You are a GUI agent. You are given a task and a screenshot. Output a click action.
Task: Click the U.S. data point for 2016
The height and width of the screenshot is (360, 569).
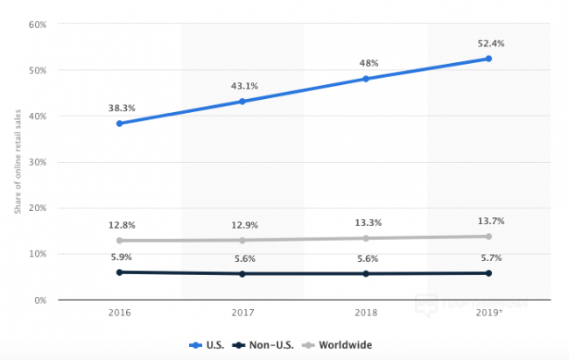[119, 124]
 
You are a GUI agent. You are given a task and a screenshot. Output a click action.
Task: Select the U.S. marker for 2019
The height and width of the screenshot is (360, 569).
[488, 59]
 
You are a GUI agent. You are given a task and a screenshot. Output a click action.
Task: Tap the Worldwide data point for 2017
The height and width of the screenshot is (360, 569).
[242, 240]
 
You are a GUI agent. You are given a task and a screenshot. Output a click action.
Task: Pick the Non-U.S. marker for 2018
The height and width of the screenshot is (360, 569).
[365, 273]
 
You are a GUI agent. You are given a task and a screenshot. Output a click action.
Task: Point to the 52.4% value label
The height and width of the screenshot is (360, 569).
[490, 43]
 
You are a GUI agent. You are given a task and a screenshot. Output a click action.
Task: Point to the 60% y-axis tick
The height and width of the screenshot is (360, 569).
[37, 24]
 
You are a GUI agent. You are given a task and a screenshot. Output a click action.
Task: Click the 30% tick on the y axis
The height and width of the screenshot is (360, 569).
[37, 162]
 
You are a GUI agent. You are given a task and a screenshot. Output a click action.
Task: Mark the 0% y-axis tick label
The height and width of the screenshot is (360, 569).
[39, 300]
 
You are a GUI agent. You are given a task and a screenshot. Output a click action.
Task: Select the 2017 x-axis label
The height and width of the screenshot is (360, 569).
[242, 314]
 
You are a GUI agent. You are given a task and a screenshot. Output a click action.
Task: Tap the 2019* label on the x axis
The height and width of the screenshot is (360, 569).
[489, 314]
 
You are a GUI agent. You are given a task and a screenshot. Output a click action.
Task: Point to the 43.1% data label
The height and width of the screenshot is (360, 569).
[242, 85]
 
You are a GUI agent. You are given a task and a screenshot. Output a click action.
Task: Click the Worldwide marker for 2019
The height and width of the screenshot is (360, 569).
[488, 236]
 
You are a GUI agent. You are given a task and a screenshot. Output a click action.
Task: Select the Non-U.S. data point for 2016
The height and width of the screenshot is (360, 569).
[119, 272]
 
